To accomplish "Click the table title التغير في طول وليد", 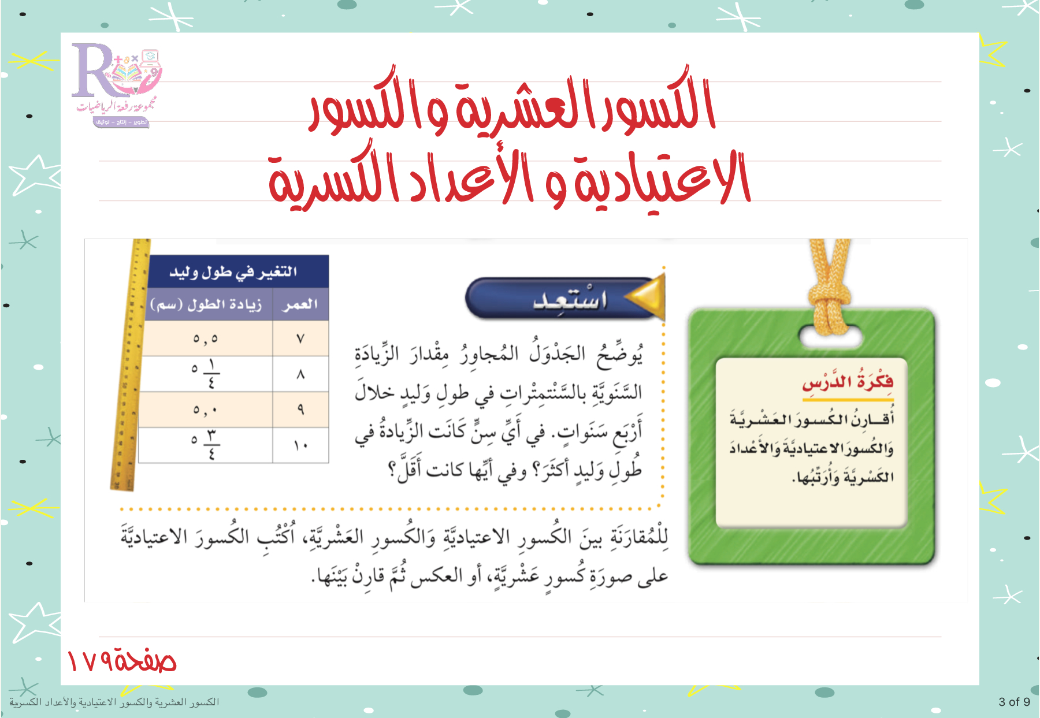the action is [x=233, y=271].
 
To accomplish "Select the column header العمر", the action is [x=300, y=304].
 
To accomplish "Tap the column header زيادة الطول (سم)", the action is [x=206, y=304].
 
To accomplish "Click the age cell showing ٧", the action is [x=300, y=338].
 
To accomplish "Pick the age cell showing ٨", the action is [x=300, y=374].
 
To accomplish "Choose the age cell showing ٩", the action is [x=300, y=410].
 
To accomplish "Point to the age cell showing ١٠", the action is [x=300, y=445].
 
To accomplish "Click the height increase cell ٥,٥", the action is [x=206, y=338].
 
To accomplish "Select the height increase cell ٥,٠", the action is [x=206, y=410].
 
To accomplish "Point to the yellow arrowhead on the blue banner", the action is [x=645, y=297].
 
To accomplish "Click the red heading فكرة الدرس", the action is [x=848, y=382].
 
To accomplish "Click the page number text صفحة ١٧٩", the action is [x=121, y=660].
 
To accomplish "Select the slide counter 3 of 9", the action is [x=1015, y=702].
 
